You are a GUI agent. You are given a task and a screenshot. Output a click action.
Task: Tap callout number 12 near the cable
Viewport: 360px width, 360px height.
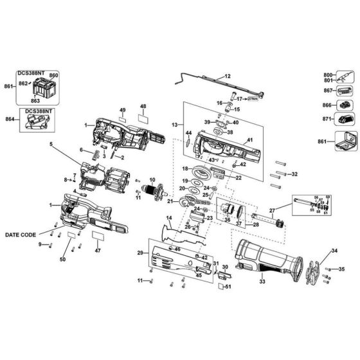(x=226, y=76)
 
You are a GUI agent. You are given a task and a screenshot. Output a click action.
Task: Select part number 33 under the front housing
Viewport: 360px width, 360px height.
(x=261, y=281)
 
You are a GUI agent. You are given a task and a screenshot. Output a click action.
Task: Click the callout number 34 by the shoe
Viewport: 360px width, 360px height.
(x=316, y=250)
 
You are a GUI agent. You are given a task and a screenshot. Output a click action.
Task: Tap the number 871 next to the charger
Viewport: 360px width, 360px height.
(x=327, y=119)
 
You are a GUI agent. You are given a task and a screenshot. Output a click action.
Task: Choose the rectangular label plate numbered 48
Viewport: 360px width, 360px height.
(x=143, y=118)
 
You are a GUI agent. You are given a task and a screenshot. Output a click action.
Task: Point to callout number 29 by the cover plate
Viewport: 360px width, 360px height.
(x=140, y=254)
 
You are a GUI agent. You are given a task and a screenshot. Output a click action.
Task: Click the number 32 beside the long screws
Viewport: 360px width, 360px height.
(x=294, y=174)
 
